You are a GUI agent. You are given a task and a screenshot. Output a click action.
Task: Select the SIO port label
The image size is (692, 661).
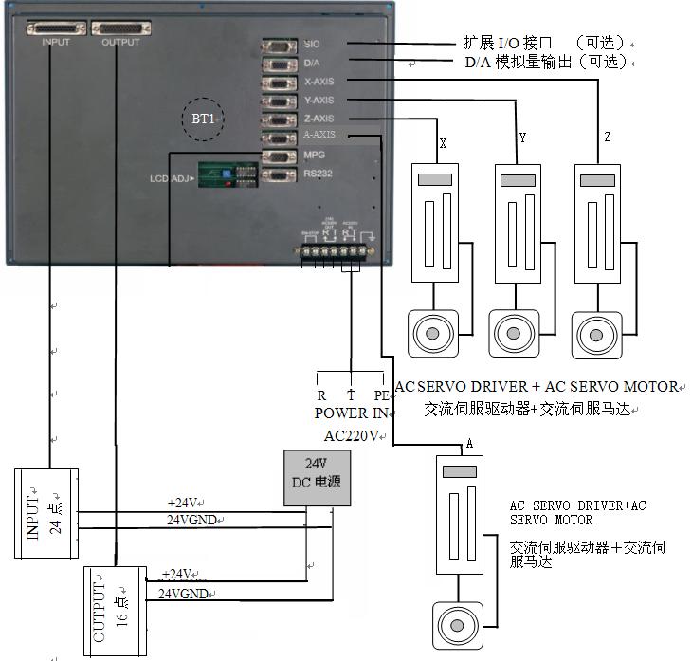(313, 44)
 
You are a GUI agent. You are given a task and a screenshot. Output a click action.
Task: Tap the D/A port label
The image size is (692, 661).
(312, 63)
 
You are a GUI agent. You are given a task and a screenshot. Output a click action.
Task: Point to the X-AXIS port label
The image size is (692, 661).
(319, 82)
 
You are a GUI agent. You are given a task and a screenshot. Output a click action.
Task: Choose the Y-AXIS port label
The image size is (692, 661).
(319, 100)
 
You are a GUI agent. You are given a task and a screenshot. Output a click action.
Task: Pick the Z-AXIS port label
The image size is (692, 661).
(319, 119)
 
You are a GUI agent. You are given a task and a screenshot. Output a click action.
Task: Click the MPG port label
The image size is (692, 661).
(315, 155)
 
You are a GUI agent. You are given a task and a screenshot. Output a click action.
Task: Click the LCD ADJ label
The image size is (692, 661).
(171, 178)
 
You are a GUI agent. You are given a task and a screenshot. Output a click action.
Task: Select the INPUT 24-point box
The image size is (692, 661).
(46, 513)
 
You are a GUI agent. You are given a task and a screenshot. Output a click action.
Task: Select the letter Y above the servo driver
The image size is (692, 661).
(522, 139)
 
